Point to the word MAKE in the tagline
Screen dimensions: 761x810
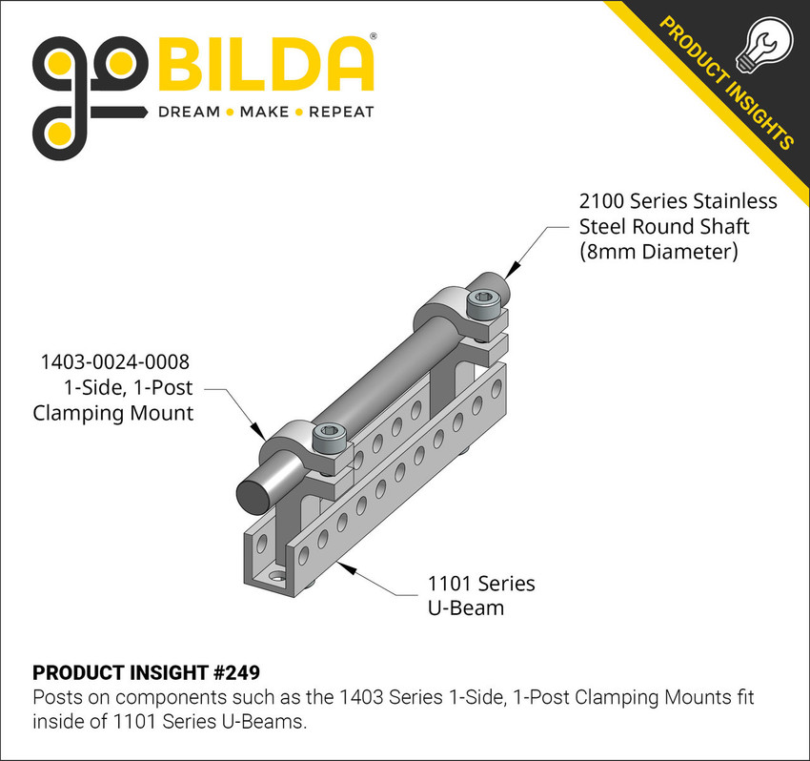264,112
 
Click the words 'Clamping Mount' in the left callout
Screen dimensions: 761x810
113,413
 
